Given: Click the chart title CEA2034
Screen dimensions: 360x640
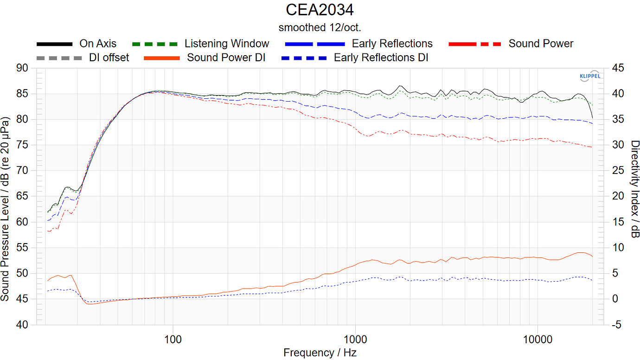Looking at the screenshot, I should point(320,9).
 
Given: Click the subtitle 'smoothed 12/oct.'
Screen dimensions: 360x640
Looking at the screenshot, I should point(320,27).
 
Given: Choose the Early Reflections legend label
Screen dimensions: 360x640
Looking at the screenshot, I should point(392,44).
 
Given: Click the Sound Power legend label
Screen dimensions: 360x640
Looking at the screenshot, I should point(541,44).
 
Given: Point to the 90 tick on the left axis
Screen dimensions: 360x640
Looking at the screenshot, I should point(22,68).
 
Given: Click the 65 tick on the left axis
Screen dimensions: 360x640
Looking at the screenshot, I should point(22,196).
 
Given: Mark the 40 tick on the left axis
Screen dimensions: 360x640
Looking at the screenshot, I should point(22,325).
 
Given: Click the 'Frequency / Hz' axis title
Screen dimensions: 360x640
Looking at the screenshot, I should point(320,353).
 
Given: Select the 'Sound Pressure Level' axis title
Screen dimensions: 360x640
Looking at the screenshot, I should point(6,209).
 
